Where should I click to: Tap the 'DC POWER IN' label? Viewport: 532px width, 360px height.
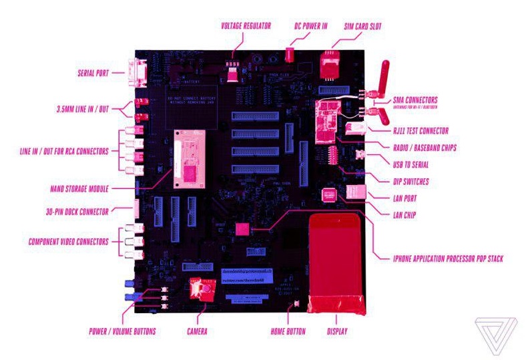point(312,27)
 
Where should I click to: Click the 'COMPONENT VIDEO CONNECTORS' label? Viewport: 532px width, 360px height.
point(63,241)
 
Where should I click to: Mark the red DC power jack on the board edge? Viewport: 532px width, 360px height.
point(290,54)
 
